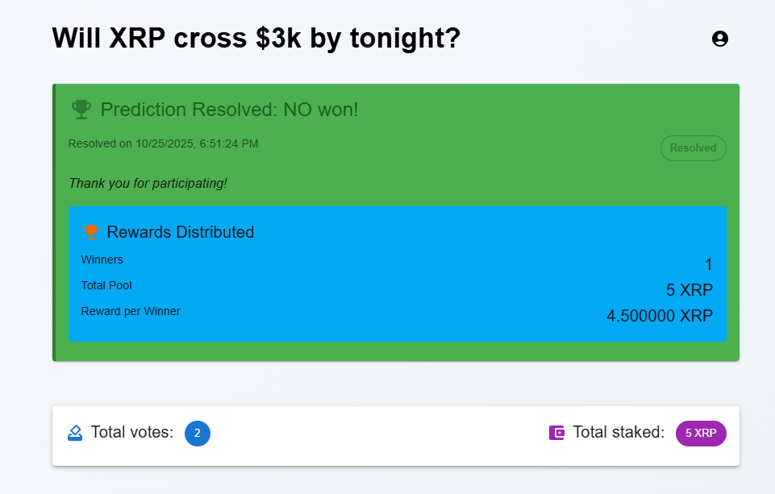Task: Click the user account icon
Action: point(720,39)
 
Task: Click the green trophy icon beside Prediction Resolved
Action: point(81,110)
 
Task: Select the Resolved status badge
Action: point(693,148)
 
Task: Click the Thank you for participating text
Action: point(148,184)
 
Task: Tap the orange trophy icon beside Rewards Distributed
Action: point(91,232)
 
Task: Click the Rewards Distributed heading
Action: point(180,232)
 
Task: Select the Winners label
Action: point(102,259)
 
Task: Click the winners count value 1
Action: point(708,264)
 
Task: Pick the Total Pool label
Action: point(106,285)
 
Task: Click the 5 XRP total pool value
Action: point(690,290)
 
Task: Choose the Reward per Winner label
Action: point(131,311)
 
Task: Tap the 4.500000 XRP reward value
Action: point(660,316)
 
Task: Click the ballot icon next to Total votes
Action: point(75,433)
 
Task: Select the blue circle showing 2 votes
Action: point(198,433)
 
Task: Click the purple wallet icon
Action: point(557,433)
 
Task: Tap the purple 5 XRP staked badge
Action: point(701,433)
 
